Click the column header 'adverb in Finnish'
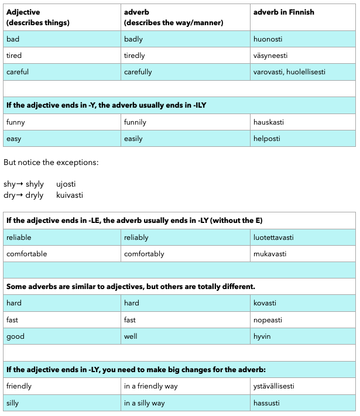(283, 12)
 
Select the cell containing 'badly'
(133, 39)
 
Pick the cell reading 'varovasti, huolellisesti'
(289, 72)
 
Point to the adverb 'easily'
(133, 139)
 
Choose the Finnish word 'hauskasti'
(269, 122)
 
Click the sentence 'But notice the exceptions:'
(51, 162)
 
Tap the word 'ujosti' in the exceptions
(66, 184)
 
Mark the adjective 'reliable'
(19, 238)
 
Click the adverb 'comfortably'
(144, 254)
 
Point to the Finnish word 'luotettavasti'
(273, 238)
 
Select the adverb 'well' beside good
(130, 336)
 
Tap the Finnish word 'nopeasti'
(268, 320)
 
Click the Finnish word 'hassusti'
(266, 403)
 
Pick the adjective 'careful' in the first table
(18, 72)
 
